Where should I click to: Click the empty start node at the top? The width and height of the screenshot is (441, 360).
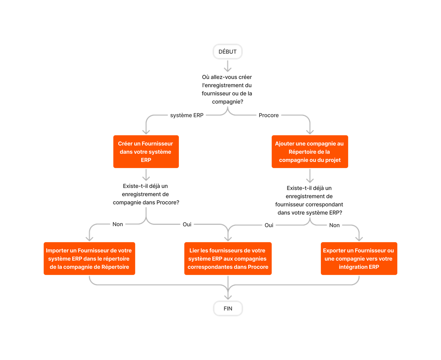[228, 52]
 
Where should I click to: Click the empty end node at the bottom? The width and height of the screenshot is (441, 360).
[228, 308]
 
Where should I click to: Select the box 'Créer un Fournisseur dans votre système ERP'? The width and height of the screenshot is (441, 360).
[146, 152]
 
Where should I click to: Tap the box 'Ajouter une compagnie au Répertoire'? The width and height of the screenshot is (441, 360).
[310, 152]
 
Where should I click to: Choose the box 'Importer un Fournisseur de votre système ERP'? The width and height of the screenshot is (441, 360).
[89, 259]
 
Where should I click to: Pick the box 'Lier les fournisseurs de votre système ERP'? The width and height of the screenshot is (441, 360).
[228, 259]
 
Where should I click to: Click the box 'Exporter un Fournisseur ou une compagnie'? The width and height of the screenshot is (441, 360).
[359, 259]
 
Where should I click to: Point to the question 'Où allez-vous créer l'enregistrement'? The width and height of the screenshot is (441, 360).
[227, 89]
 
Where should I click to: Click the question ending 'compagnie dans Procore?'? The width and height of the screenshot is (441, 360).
[146, 194]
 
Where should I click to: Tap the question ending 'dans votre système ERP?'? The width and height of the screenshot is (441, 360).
[309, 200]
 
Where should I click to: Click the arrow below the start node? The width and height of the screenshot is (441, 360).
[228, 66]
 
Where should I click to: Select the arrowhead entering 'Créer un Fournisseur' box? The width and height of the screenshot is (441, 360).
[146, 131]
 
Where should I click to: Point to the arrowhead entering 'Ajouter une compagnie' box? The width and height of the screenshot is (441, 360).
[310, 131]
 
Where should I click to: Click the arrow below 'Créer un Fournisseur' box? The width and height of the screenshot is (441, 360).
[146, 175]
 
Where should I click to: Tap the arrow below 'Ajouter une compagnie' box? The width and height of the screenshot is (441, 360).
[310, 176]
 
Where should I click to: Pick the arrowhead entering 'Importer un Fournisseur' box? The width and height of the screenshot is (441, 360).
[89, 238]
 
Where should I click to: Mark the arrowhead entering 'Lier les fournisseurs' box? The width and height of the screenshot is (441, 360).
[228, 238]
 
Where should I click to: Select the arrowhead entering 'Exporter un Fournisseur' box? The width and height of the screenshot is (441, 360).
[359, 238]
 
